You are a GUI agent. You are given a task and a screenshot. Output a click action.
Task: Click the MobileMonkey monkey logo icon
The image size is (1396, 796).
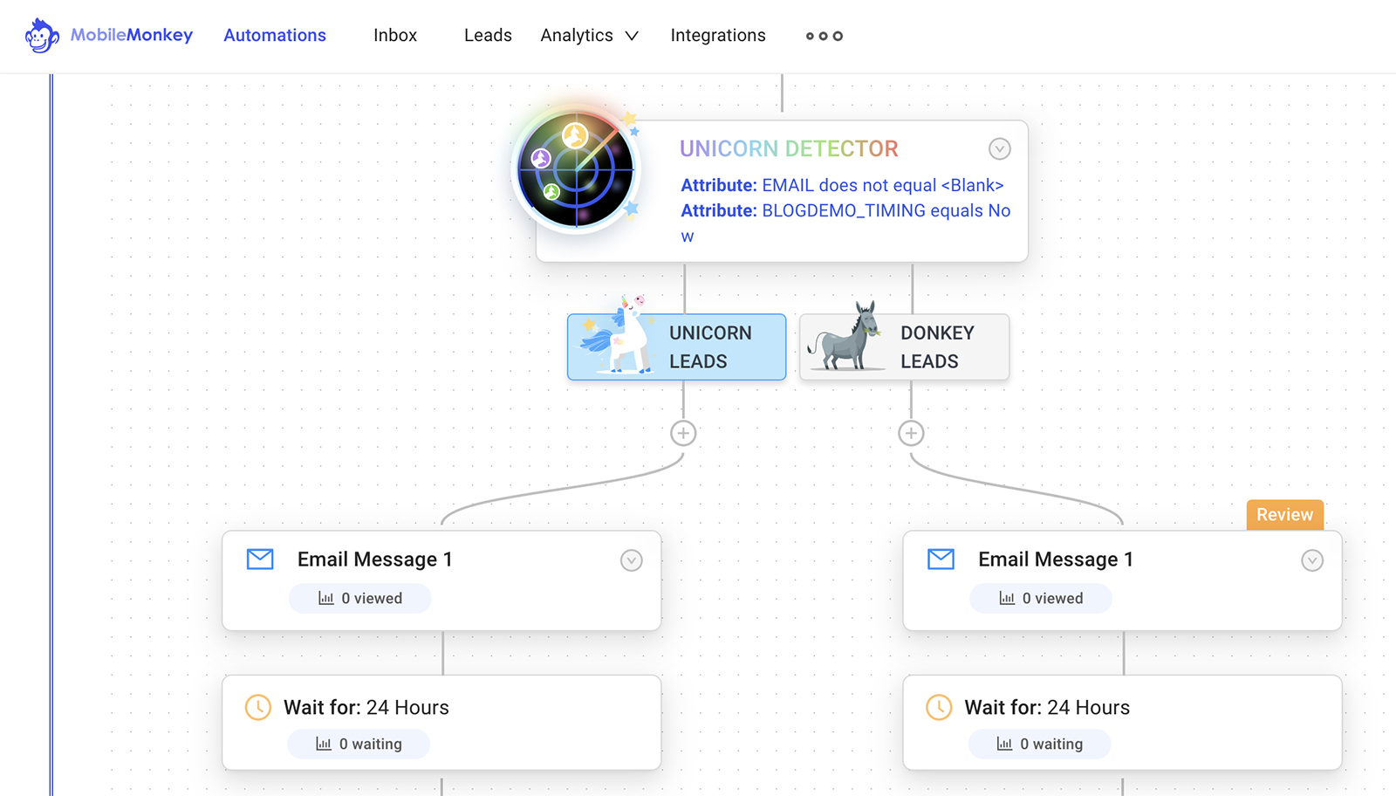(x=41, y=36)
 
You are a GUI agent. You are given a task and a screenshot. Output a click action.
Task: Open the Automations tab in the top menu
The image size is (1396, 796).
(x=275, y=36)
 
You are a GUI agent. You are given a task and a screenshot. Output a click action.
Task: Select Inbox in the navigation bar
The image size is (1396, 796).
(x=395, y=36)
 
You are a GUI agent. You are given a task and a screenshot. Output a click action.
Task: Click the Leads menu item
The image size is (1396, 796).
(x=488, y=36)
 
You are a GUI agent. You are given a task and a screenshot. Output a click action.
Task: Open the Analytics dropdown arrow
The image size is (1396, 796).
(x=632, y=36)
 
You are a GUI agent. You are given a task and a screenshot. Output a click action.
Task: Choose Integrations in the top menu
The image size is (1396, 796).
(x=718, y=36)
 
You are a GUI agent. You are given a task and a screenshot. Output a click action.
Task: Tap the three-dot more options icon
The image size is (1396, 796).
(x=824, y=36)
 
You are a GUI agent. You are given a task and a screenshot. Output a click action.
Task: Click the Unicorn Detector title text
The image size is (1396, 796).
(x=789, y=149)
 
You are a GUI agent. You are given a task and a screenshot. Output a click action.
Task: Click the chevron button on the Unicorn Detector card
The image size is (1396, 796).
(x=1000, y=149)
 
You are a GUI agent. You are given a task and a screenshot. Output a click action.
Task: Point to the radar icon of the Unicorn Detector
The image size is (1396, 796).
(x=576, y=169)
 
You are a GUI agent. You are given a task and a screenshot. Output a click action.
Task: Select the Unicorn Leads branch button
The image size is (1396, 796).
(x=676, y=347)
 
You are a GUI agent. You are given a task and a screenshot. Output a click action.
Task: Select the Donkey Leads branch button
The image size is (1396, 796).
(x=904, y=347)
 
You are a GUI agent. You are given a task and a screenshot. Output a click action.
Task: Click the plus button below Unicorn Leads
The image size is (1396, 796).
(x=683, y=433)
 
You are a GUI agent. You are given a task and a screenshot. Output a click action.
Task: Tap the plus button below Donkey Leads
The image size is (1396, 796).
(x=911, y=433)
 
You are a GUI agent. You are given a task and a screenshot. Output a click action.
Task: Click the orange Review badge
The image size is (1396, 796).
(x=1284, y=515)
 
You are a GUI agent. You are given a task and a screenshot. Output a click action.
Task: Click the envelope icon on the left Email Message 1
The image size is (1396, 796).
(x=260, y=559)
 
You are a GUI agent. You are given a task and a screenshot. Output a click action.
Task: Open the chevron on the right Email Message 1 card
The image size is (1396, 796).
(x=1312, y=560)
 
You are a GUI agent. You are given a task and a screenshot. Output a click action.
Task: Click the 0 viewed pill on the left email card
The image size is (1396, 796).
(x=360, y=599)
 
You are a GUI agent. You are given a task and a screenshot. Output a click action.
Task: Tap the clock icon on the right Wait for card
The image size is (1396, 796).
(x=939, y=707)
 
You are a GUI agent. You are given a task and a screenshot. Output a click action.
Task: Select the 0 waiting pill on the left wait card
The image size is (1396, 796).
(x=359, y=745)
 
